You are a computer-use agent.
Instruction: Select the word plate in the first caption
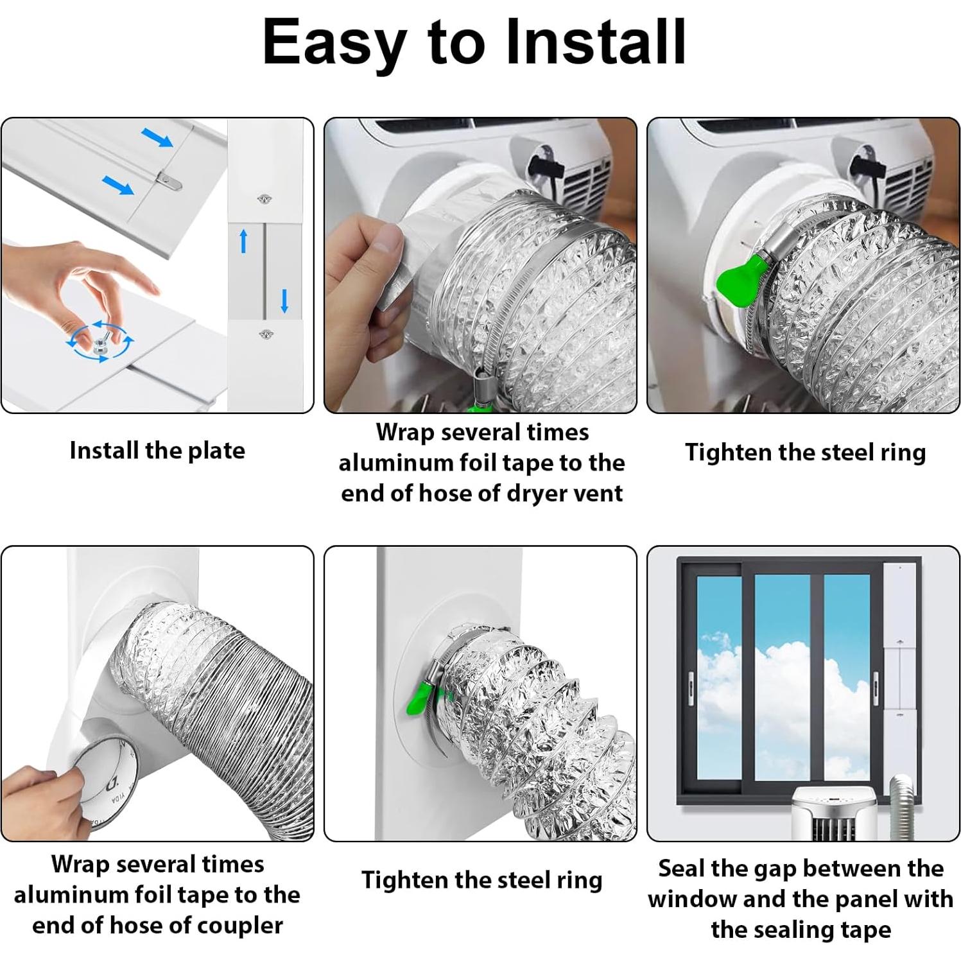(x=216, y=451)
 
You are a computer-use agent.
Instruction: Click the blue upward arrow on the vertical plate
(x=243, y=241)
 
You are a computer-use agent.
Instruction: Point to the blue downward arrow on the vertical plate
(x=284, y=300)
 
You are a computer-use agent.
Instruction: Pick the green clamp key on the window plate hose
(x=421, y=697)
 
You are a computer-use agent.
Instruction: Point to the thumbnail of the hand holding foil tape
(x=480, y=265)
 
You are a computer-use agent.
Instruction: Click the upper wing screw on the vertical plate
(x=263, y=200)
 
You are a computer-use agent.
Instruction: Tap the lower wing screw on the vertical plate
(x=265, y=334)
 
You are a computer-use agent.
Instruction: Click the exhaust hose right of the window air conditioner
(x=906, y=807)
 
